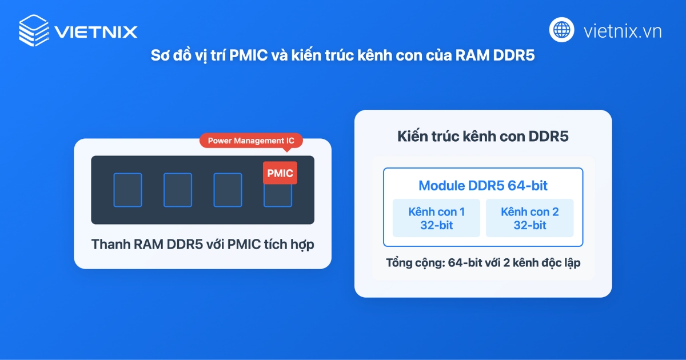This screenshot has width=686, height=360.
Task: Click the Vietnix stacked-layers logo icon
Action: (x=33, y=29)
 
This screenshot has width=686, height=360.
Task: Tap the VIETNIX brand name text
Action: (x=96, y=31)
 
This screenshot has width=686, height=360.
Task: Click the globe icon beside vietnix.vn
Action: (x=562, y=29)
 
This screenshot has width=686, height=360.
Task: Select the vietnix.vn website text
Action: (x=623, y=30)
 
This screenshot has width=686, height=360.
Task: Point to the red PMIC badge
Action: (x=280, y=173)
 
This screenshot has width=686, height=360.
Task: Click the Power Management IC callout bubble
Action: (x=250, y=141)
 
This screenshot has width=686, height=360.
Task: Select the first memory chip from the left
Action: (x=127, y=190)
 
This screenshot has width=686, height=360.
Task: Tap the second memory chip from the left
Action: (x=178, y=190)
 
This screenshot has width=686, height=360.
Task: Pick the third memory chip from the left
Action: (x=228, y=190)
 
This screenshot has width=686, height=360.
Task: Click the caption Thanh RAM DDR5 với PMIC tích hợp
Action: (x=202, y=245)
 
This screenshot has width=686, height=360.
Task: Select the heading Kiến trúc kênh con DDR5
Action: (x=482, y=137)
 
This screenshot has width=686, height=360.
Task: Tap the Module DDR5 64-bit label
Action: (x=483, y=185)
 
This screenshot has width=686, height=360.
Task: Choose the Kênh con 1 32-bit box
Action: (x=436, y=218)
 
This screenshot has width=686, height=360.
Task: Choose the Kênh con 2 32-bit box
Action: (x=529, y=218)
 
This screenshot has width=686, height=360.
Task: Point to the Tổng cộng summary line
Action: (x=483, y=263)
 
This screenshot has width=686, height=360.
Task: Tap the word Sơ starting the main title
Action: (x=158, y=57)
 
